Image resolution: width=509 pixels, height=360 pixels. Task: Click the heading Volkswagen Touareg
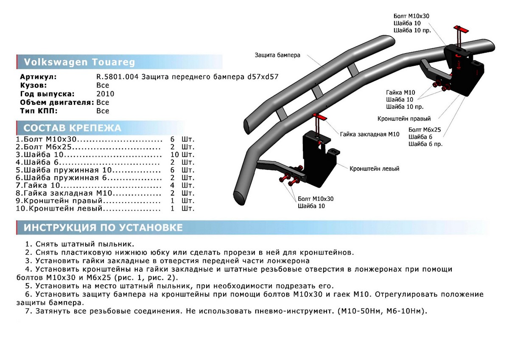79,62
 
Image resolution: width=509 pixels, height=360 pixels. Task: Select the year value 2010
105,94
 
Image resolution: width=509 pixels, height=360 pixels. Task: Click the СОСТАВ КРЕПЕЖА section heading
72,128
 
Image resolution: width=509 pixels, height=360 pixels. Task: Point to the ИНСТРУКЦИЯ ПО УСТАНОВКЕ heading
103,228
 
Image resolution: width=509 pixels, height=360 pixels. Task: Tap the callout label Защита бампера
277,55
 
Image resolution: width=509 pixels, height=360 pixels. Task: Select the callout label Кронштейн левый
374,169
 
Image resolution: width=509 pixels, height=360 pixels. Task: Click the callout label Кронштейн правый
404,119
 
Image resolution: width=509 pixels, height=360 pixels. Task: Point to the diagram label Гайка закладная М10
369,134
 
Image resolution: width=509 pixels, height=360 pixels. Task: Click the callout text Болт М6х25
425,129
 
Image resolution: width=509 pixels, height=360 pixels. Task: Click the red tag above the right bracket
460,30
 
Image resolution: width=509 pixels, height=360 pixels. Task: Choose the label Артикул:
38,77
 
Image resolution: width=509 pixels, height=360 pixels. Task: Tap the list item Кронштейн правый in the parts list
64,201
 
